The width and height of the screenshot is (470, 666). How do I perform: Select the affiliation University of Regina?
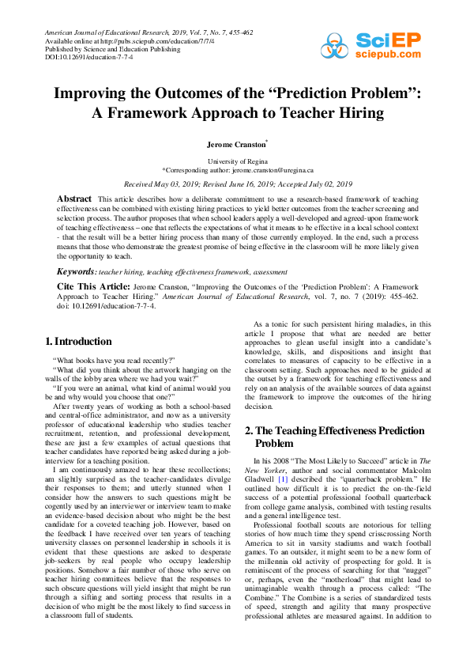coord(235,161)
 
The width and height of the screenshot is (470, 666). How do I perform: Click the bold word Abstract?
coord(75,197)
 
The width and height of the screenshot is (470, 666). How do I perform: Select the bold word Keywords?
coord(76,271)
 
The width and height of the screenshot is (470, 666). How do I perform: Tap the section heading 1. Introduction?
coord(79,342)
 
